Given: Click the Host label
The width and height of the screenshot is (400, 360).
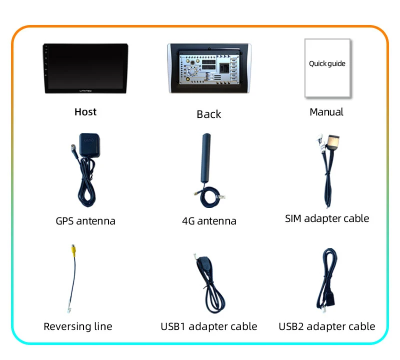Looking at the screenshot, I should pyautogui.click(x=85, y=112).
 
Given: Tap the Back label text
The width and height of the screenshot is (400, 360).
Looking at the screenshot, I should pyautogui.click(x=208, y=114).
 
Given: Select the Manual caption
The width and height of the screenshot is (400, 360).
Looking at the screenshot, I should pyautogui.click(x=326, y=112).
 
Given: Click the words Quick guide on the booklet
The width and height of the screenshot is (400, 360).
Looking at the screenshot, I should pyautogui.click(x=327, y=64).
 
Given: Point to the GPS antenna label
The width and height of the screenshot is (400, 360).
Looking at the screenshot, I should pyautogui.click(x=85, y=220).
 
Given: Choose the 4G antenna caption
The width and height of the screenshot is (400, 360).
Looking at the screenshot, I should pyautogui.click(x=209, y=221).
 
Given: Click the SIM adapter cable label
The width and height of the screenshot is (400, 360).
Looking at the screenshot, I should pyautogui.click(x=327, y=218).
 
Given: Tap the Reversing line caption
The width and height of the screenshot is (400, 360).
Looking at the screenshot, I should pyautogui.click(x=78, y=326).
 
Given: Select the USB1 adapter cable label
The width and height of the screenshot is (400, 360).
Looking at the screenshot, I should pyautogui.click(x=209, y=326).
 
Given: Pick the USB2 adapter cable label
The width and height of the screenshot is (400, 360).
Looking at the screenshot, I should pyautogui.click(x=327, y=326).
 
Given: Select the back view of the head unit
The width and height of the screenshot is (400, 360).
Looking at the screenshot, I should pyautogui.click(x=209, y=68).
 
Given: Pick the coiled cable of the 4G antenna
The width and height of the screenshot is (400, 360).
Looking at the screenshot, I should pyautogui.click(x=210, y=198).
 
